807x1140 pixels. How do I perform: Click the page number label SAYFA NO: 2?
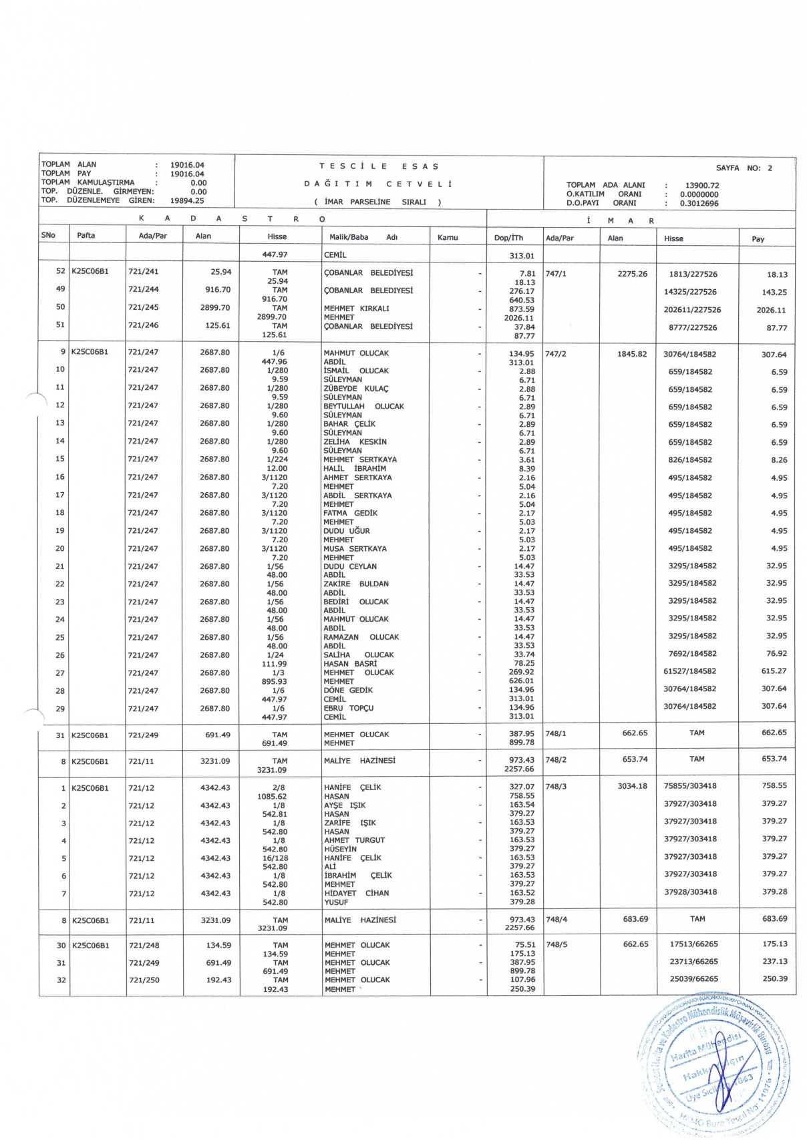744,168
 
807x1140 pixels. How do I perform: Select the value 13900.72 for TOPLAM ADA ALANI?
701,186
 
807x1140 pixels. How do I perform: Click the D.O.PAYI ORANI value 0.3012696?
699,204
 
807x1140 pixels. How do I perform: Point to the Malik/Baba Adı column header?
363,237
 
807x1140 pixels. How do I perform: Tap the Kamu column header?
448,237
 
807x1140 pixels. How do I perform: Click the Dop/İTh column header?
508,238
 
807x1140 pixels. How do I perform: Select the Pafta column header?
86,236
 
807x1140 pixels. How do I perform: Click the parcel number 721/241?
144,272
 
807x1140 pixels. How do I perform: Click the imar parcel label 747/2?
556,354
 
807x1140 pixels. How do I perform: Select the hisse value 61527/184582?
689,671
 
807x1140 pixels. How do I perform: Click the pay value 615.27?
774,671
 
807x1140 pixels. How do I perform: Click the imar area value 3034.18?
632,786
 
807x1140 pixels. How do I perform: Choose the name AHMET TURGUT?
354,840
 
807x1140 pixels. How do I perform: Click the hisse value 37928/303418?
690,892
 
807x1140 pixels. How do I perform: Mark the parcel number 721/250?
144,980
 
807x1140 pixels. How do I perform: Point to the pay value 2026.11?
771,310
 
